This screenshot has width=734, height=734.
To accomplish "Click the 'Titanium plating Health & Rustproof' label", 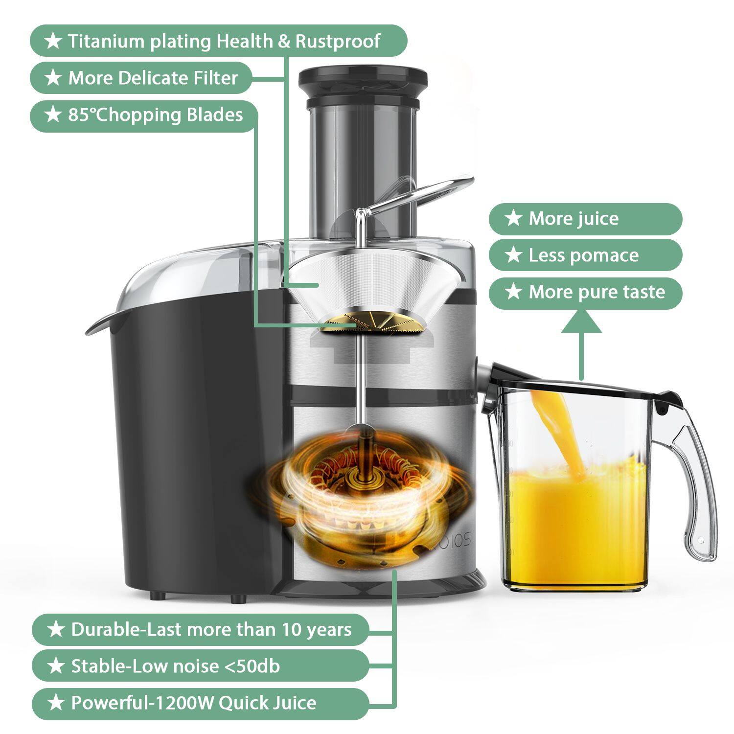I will pyautogui.click(x=218, y=41).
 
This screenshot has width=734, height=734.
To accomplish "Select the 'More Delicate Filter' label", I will pyautogui.click(x=141, y=78).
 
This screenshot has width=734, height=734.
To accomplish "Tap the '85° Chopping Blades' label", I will pyautogui.click(x=143, y=115).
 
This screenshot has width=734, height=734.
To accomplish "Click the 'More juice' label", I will pyautogui.click(x=585, y=219).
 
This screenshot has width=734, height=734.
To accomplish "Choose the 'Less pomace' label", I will pyautogui.click(x=585, y=255).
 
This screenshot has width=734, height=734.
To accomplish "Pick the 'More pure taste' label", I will pyautogui.click(x=585, y=293).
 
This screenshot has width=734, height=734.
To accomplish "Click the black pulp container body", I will pyautogui.click(x=196, y=440).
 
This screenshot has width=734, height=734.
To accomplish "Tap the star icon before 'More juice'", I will pyautogui.click(x=513, y=218).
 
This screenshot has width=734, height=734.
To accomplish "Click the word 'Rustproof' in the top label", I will pyautogui.click(x=338, y=41).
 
